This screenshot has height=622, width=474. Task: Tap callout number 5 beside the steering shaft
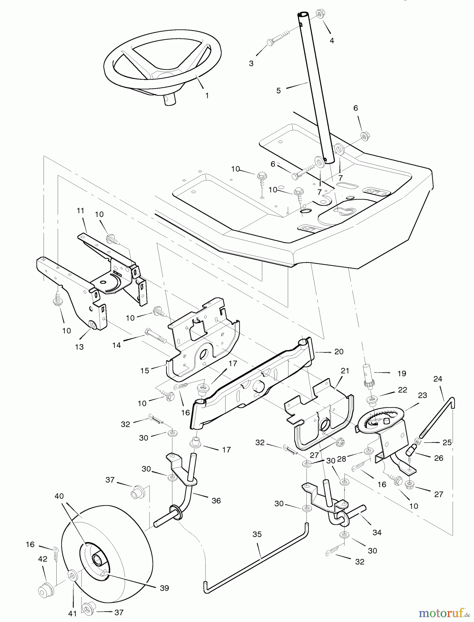pyautogui.click(x=279, y=91)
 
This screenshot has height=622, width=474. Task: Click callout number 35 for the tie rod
pyautogui.click(x=257, y=535)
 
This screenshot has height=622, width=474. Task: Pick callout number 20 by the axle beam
pyautogui.click(x=339, y=351)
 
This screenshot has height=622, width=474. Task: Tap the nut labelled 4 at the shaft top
pyautogui.click(x=320, y=14)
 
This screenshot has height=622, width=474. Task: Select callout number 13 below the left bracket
pyautogui.click(x=79, y=347)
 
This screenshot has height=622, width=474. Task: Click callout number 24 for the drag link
pyautogui.click(x=438, y=379)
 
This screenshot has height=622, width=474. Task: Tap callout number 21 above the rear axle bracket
pyautogui.click(x=345, y=371)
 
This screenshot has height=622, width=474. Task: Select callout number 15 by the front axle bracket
pyautogui.click(x=145, y=370)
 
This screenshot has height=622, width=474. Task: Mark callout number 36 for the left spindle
pyautogui.click(x=216, y=500)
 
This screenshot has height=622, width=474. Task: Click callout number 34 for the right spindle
pyautogui.click(x=377, y=533)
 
